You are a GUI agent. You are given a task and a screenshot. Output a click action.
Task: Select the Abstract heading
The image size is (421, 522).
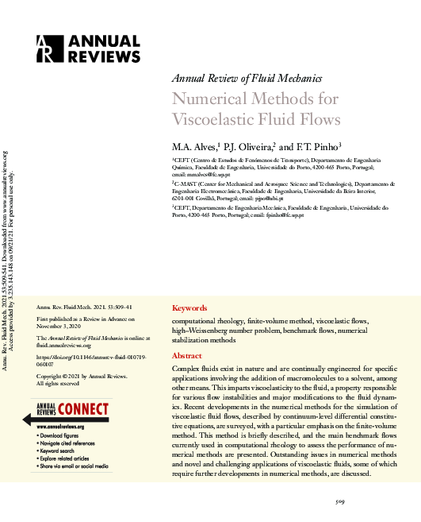pyautogui.click(x=188, y=357)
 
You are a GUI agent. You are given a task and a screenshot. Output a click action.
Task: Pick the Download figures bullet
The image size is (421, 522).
pyautogui.click(x=66, y=436)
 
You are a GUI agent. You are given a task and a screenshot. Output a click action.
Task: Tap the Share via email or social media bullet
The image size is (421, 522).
pyautogui.click(x=78, y=466)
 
